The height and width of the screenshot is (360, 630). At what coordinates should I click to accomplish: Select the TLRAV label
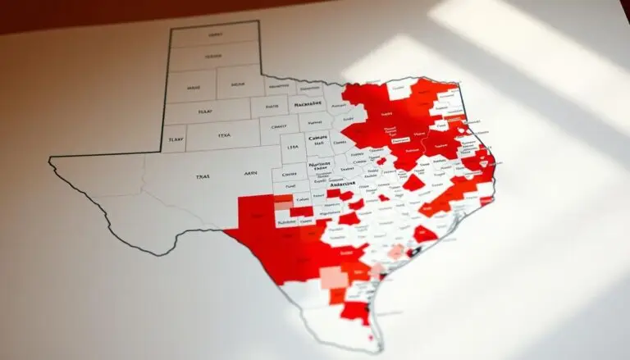coord(175,139)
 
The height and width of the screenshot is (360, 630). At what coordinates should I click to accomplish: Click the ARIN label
coord(251,174)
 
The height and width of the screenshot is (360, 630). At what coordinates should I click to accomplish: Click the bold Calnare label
coord(317,138)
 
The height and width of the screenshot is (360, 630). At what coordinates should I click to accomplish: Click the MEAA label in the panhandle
coord(238,83)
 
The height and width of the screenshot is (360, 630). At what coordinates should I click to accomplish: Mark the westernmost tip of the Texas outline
coord(51,158)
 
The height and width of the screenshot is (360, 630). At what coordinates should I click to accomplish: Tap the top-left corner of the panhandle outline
coord(170,28)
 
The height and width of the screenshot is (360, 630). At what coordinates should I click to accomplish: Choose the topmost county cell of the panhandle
coord(215,35)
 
